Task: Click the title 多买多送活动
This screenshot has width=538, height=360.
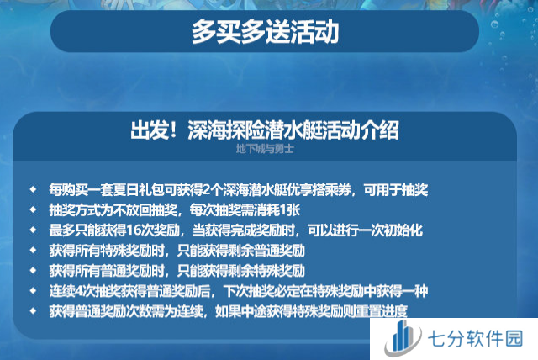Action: [266, 32]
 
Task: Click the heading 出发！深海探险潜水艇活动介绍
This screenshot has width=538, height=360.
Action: [265, 130]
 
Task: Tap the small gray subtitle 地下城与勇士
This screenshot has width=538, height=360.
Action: [265, 149]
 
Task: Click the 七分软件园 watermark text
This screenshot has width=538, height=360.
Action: [475, 339]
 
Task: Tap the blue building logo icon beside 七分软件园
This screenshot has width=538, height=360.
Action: [402, 338]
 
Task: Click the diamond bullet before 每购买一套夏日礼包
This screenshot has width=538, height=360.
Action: [33, 189]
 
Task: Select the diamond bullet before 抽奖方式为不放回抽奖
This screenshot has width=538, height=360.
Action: [33, 209]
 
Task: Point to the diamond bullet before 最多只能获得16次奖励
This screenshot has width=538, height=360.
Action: [33, 230]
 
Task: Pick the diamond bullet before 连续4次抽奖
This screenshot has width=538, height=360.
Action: [33, 291]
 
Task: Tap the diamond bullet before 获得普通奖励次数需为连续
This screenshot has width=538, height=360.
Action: [33, 311]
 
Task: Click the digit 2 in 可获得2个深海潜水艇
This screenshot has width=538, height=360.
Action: [206, 190]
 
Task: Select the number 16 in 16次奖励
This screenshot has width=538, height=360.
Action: [133, 230]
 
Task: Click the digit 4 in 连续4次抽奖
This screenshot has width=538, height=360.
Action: [77, 291]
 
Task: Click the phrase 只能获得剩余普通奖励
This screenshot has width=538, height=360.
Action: [241, 251]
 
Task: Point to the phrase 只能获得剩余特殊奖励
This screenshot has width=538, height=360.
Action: [241, 271]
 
